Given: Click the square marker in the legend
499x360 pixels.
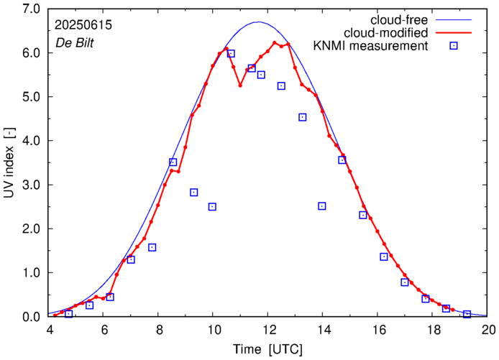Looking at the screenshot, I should (454, 47).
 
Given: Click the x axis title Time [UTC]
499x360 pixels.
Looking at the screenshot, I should (268, 349).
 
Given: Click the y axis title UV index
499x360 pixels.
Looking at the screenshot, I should (10, 162).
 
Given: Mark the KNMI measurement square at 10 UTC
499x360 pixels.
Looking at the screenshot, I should (212, 206).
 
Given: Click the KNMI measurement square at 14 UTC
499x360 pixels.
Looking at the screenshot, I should (322, 206).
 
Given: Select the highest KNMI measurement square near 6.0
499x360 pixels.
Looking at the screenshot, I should (231, 53).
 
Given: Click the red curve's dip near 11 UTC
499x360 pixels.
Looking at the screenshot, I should (240, 85).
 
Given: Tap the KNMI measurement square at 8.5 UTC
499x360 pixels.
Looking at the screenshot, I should (173, 162).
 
